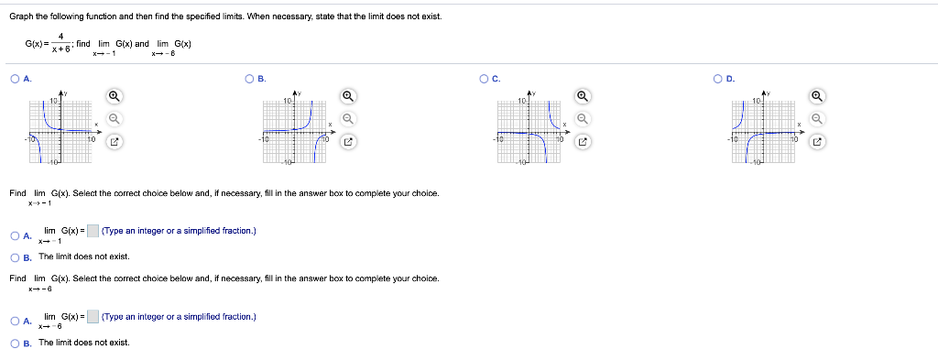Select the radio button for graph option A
pos(16,79)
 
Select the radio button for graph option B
pos(249,79)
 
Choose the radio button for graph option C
pos(483,79)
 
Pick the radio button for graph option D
pos(717,79)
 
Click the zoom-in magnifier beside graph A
pos(115,96)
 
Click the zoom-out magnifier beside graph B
pos(348,118)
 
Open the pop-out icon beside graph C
pos(583,141)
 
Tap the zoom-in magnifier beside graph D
pos(816,96)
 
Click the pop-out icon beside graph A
pos(115,141)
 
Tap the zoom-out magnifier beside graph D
pos(816,118)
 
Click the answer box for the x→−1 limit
pos(93,231)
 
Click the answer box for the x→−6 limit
pos(93,317)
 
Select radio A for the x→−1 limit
pos(16,235)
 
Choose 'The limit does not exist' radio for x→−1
pos(16,256)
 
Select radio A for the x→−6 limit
pos(16,321)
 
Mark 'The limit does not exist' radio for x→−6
pos(16,343)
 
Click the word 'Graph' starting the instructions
pos(21,17)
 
